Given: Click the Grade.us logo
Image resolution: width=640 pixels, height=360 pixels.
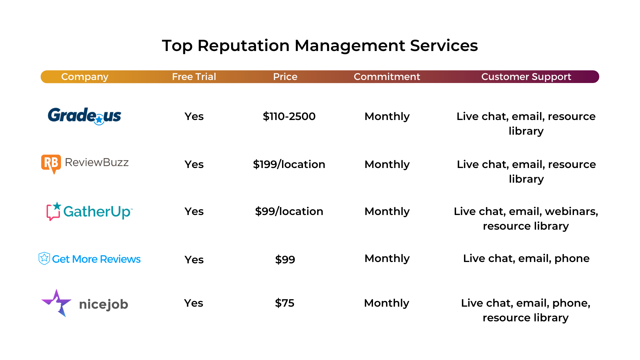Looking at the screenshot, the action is pyautogui.click(x=84, y=116).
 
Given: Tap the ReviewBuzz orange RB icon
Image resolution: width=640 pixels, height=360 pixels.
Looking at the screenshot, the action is pyautogui.click(x=51, y=164).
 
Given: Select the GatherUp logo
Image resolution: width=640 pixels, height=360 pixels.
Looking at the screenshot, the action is pyautogui.click(x=89, y=211).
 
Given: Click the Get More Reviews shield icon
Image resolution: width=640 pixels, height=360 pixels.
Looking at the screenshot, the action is pyautogui.click(x=44, y=258).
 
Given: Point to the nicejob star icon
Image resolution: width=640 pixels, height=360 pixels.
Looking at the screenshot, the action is pyautogui.click(x=57, y=303).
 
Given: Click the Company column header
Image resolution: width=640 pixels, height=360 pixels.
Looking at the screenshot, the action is pyautogui.click(x=85, y=77).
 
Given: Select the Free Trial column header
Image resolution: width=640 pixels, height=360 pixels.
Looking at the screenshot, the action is pyautogui.click(x=194, y=77).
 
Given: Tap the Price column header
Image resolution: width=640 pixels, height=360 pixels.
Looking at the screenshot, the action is pyautogui.click(x=285, y=77).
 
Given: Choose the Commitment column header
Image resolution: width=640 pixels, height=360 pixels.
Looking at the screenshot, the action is pyautogui.click(x=387, y=77).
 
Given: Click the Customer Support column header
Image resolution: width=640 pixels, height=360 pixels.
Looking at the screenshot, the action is pyautogui.click(x=526, y=77).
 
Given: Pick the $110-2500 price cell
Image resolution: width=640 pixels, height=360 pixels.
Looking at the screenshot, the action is pyautogui.click(x=289, y=116).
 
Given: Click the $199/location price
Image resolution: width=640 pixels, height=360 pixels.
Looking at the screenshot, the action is pyautogui.click(x=289, y=164).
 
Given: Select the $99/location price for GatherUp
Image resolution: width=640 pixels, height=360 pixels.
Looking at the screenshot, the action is pyautogui.click(x=289, y=211).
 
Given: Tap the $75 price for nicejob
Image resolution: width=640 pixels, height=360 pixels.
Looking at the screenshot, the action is pyautogui.click(x=285, y=303).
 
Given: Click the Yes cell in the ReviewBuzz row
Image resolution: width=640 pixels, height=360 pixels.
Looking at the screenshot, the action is pyautogui.click(x=194, y=164).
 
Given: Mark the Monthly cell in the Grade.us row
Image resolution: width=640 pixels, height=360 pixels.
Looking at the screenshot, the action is pyautogui.click(x=387, y=116).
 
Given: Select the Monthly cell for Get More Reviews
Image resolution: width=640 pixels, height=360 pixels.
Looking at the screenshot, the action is pyautogui.click(x=387, y=258).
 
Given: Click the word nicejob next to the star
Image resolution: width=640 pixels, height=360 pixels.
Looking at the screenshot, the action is pyautogui.click(x=104, y=304).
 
